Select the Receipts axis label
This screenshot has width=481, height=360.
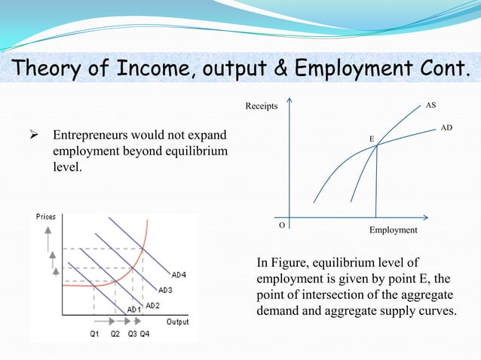pyautogui.click(x=261, y=106)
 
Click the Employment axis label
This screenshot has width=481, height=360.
pyautogui.click(x=393, y=230)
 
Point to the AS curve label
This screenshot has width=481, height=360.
pyautogui.click(x=430, y=105)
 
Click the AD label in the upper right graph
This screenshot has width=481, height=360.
pyautogui.click(x=446, y=129)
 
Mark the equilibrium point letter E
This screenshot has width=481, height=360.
pyautogui.click(x=371, y=139)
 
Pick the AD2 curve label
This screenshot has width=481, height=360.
pyautogui.click(x=152, y=305)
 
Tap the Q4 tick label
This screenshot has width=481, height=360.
pyautogui.click(x=144, y=333)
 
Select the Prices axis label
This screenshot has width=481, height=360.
pyautogui.click(x=46, y=217)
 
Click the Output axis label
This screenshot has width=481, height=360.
pyautogui.click(x=178, y=322)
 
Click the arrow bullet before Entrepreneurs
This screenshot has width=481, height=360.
pyautogui.click(x=34, y=138)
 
